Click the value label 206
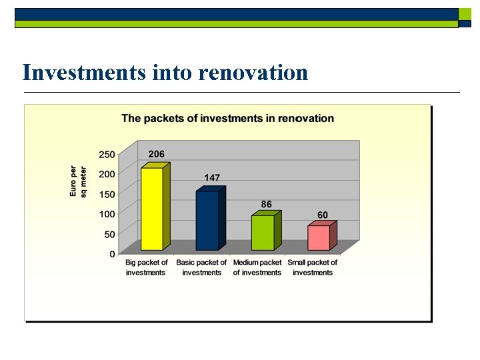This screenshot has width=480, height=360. click(156, 154)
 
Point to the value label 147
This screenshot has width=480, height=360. click(212, 178)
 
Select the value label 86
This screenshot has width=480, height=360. click(266, 204)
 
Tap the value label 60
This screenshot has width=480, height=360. click(322, 215)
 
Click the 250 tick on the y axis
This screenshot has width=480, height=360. click(107, 154)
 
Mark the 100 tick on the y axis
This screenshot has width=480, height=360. click(107, 214)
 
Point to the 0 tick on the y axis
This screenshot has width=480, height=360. click(112, 254)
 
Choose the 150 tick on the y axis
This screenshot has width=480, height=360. click(107, 194)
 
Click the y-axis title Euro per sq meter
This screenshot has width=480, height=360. click(78, 181)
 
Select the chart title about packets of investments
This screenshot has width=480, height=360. click(227, 119)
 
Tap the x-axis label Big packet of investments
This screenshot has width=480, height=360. click(146, 267)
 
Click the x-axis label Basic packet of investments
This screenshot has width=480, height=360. click(201, 267)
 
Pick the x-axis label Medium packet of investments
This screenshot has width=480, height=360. click(257, 267)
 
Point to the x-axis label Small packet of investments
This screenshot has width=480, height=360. click(313, 267)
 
